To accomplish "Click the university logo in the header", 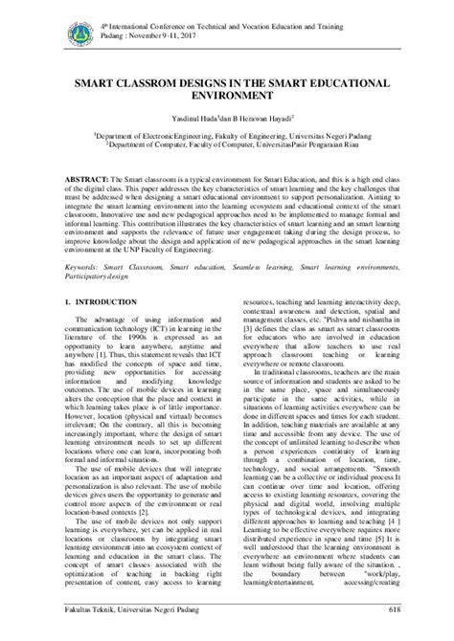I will coord(80,33).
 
